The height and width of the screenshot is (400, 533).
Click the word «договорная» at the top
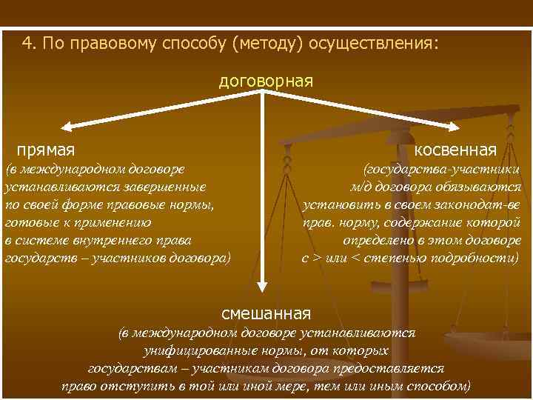(266, 80)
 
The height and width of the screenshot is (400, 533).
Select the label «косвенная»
(455, 150)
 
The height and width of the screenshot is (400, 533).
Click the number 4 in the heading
(27, 43)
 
